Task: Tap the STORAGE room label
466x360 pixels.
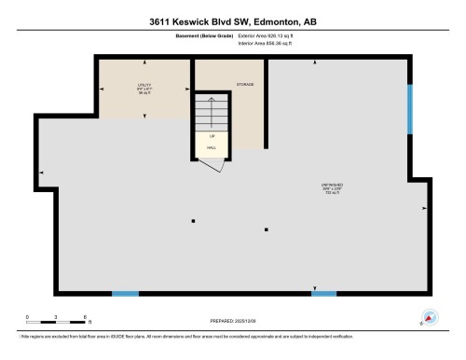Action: [x=245, y=85]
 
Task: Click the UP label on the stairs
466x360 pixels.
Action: [x=212, y=136]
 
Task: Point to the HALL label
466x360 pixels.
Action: [x=212, y=147]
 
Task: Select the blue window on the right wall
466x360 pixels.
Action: [x=410, y=110]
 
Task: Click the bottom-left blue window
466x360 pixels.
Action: [x=125, y=294]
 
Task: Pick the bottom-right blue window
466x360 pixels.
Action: [x=323, y=294]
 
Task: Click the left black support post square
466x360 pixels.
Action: [x=193, y=221]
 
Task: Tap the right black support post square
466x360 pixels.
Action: [x=267, y=228]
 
